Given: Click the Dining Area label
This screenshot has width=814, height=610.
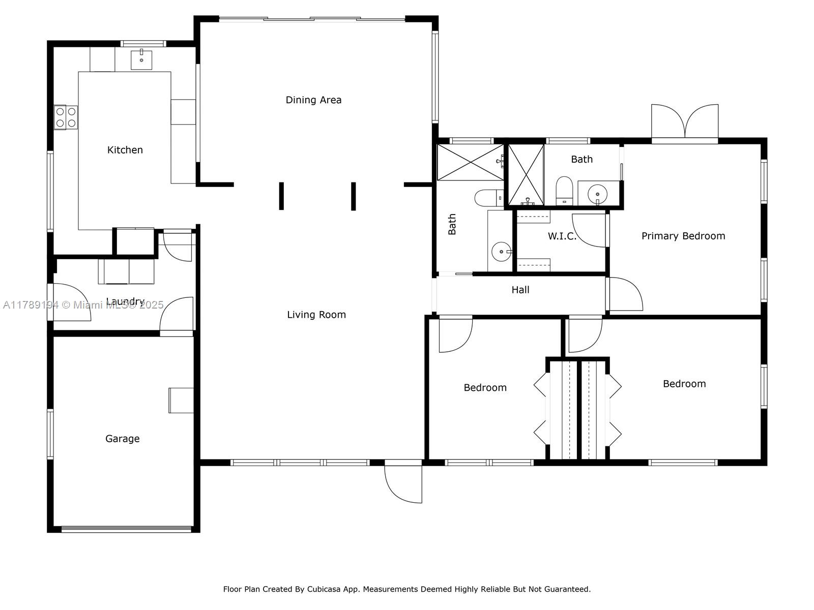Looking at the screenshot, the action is click(313, 100).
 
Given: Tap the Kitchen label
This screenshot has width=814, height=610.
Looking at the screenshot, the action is click(125, 150).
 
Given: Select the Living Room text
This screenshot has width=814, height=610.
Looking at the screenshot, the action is click(316, 315).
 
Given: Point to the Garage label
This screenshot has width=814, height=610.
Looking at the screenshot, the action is click(123, 439).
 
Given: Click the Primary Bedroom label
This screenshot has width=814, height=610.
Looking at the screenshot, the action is click(683, 236).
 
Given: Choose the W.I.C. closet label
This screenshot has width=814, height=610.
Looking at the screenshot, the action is click(562, 236).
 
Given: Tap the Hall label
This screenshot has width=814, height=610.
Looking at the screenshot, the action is click(520, 290).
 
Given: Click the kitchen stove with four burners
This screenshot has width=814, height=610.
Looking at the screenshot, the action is click(66, 117).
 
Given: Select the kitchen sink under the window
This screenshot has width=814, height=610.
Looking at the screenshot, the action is click(141, 60).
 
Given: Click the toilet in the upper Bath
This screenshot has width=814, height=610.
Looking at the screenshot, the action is click(564, 191).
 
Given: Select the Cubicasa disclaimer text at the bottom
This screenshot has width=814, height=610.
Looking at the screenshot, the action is click(407, 589).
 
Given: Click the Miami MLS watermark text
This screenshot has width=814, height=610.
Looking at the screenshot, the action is click(83, 305).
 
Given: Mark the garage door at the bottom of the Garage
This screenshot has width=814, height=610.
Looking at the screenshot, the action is click(126, 529).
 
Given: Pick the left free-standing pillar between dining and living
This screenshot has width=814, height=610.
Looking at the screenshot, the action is click(281, 196).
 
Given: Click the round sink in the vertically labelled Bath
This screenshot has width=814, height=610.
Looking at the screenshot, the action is click(501, 252).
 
